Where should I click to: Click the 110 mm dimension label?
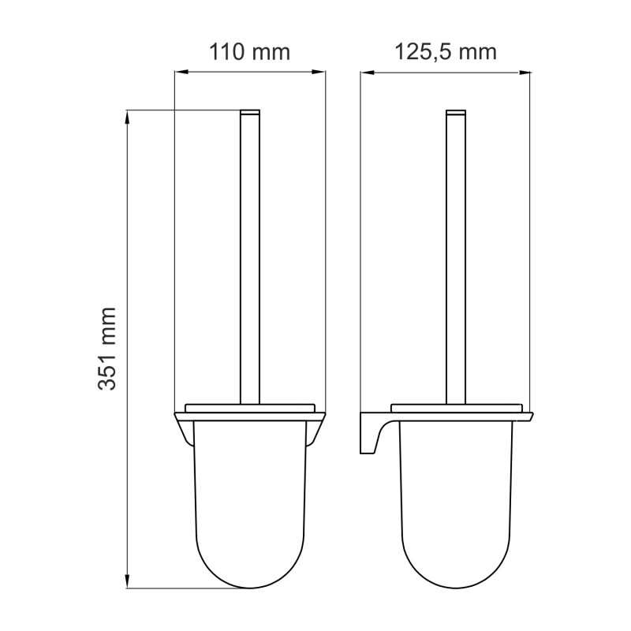249,53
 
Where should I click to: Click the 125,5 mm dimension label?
446,53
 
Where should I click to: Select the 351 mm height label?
107,349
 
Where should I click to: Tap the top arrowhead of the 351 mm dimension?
127,117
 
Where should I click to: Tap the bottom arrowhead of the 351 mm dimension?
127,581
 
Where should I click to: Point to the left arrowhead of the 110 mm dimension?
181,72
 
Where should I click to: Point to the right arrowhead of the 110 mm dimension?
319,72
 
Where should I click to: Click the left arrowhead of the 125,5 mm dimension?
368,73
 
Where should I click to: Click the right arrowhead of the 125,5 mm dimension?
524,73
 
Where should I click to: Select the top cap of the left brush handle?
250,112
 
